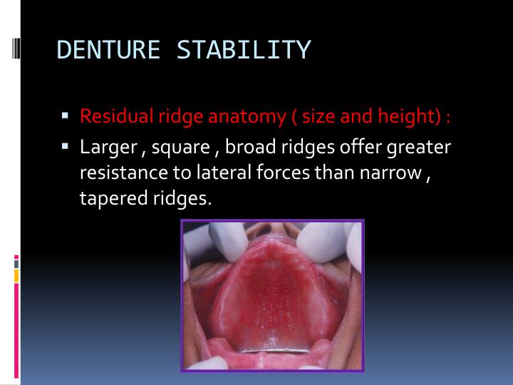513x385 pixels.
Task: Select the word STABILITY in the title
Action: [244, 51]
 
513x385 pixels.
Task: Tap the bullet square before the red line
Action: [64, 113]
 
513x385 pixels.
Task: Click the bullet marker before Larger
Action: [64, 146]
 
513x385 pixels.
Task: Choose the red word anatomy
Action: [245, 115]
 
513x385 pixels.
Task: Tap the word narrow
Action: [393, 173]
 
